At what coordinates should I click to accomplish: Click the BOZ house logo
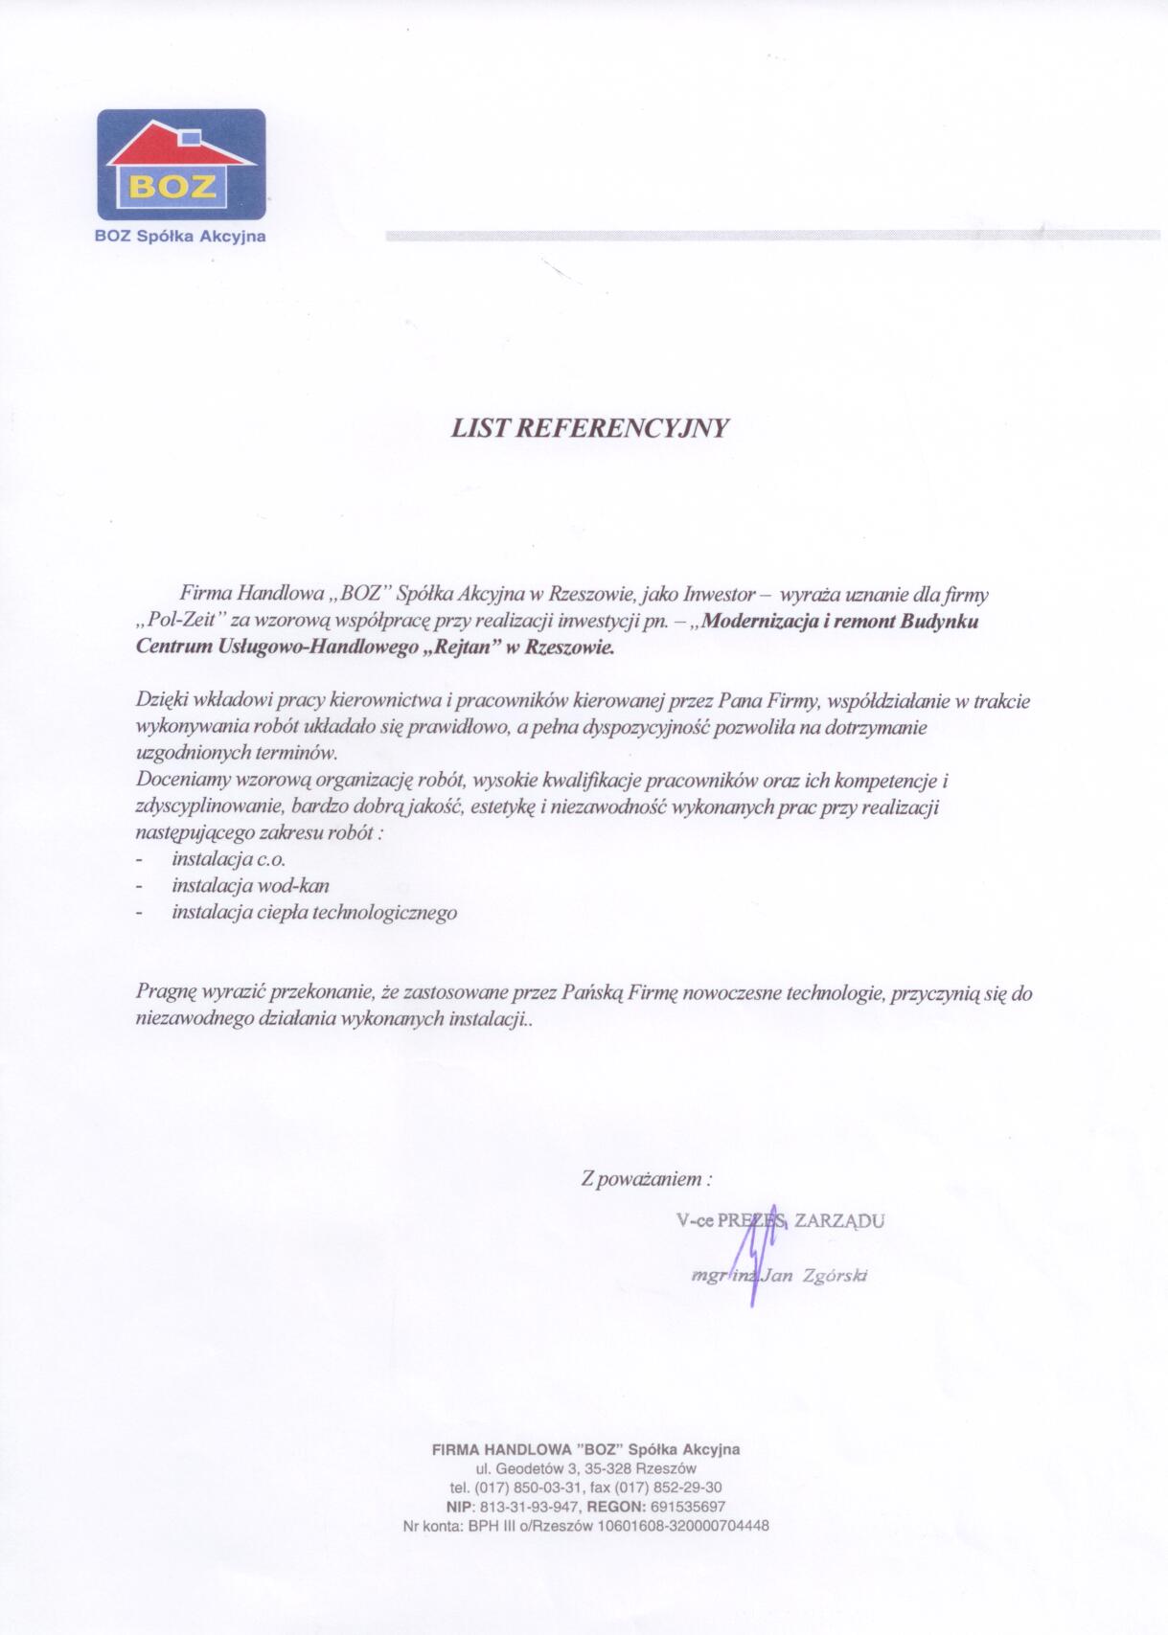click(x=181, y=166)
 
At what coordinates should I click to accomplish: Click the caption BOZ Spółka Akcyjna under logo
click(x=180, y=237)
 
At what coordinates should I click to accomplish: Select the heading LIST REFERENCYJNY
click(x=589, y=428)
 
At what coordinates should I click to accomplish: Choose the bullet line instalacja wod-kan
click(x=250, y=886)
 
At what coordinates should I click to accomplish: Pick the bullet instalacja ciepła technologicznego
click(x=314, y=912)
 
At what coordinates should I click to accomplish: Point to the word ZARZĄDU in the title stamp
click(x=839, y=1221)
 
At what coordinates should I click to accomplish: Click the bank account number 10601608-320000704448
click(x=682, y=1526)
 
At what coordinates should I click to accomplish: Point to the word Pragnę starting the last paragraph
click(x=166, y=994)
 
